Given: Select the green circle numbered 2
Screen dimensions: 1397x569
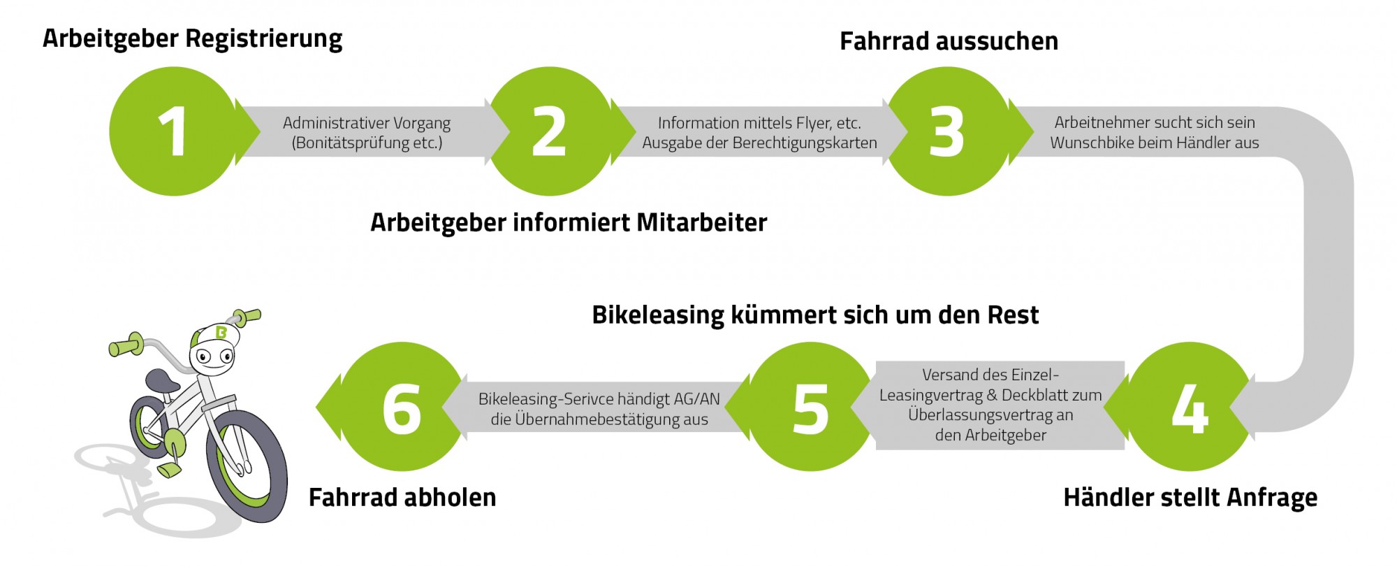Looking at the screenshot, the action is (x=550, y=131).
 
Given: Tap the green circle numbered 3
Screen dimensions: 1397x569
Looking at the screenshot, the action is (x=947, y=131).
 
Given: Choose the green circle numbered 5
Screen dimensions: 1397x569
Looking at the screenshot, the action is (x=811, y=406).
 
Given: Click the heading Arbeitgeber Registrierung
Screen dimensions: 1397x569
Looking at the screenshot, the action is (x=193, y=38).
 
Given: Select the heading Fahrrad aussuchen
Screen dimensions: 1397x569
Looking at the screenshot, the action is (x=949, y=41).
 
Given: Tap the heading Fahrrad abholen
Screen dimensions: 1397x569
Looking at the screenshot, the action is (x=402, y=498).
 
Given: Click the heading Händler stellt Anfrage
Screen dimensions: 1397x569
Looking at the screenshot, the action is (x=1190, y=498).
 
